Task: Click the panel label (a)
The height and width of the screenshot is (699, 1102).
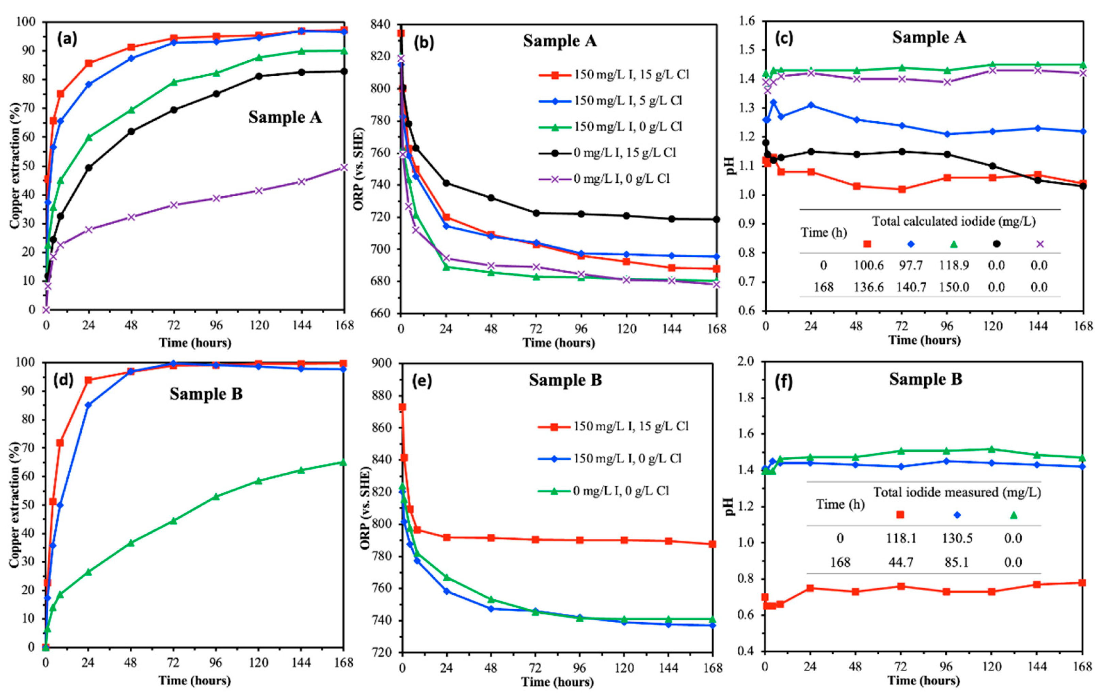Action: (67, 39)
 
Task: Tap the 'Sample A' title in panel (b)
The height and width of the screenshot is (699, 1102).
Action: (560, 41)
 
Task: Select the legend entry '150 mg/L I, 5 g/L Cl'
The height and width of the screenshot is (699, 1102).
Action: (610, 100)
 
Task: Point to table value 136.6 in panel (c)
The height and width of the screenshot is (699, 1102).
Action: (868, 287)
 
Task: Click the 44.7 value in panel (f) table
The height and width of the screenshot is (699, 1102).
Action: (901, 562)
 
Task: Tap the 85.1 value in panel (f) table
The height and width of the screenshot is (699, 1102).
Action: (957, 562)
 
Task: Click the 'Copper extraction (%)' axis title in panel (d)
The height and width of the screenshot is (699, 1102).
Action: (15, 504)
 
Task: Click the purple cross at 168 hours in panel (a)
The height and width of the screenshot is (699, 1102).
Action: (344, 168)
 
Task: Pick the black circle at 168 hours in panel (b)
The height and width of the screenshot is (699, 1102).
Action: (716, 219)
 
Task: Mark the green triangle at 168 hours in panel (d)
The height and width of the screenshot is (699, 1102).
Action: (344, 462)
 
